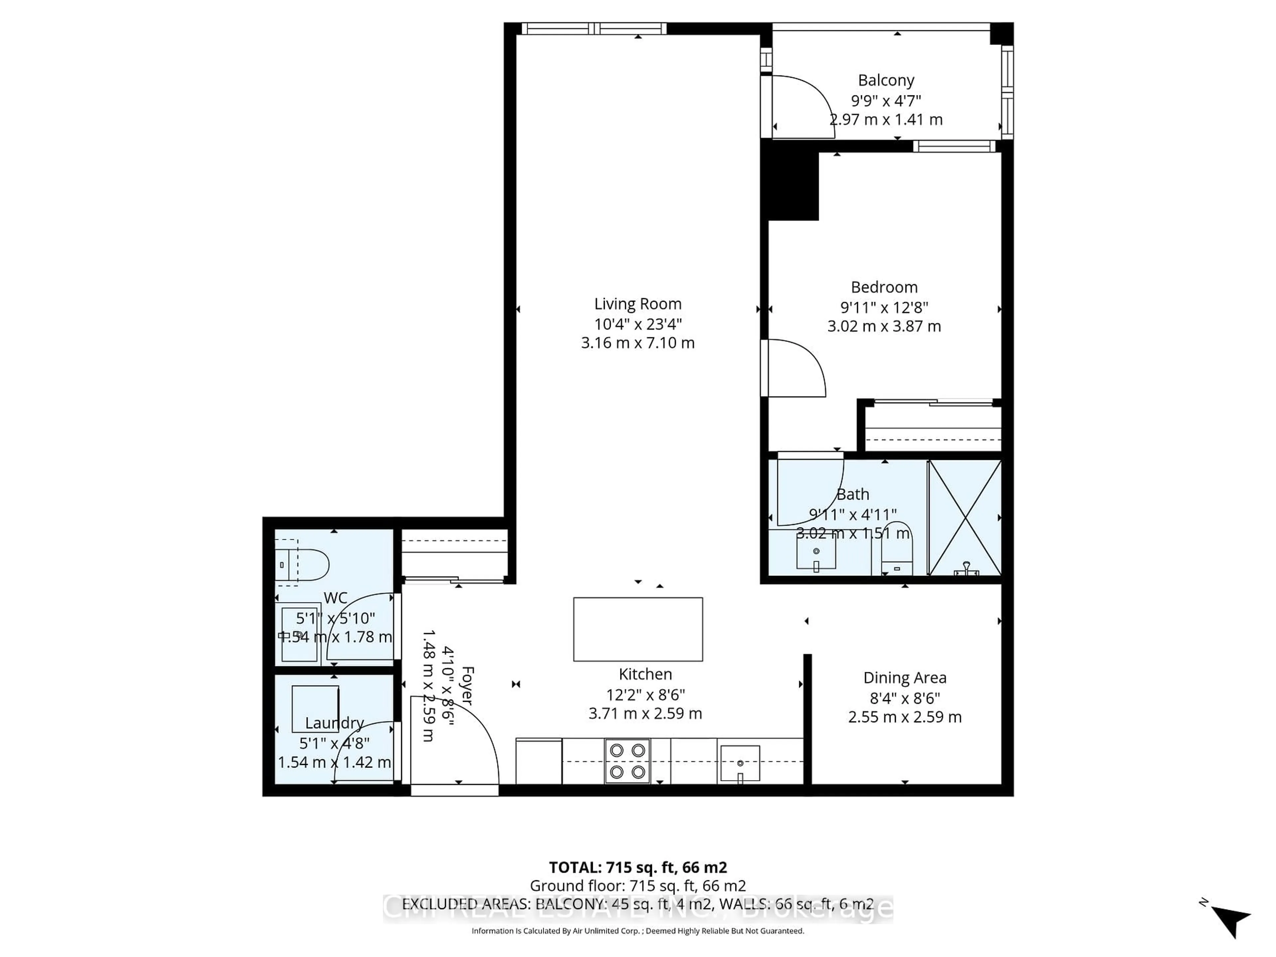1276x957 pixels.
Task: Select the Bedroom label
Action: (x=884, y=287)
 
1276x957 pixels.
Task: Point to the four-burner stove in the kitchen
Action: (x=627, y=761)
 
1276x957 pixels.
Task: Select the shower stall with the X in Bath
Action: (x=965, y=517)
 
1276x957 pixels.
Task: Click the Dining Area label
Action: (x=904, y=678)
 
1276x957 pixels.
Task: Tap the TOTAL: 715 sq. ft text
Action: (x=637, y=868)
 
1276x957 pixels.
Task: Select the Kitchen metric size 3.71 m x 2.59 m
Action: (x=645, y=713)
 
